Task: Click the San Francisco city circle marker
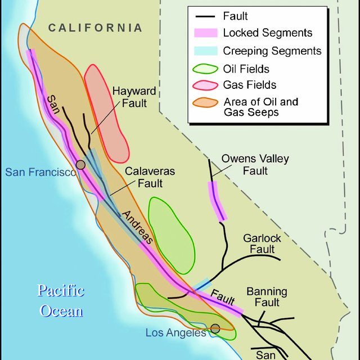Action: click(81, 164)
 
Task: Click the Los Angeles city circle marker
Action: click(215, 328)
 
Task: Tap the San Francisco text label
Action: click(40, 172)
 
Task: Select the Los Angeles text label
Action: click(175, 333)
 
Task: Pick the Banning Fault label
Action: click(267, 297)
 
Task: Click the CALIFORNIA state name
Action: click(95, 28)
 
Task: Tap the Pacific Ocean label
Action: click(61, 300)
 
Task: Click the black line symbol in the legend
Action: click(205, 16)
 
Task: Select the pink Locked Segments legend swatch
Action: click(205, 33)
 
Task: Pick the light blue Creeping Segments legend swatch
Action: click(205, 51)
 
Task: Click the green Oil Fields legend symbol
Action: click(205, 69)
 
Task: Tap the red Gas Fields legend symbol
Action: click(205, 85)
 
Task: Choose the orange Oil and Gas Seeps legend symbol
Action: click(205, 102)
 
